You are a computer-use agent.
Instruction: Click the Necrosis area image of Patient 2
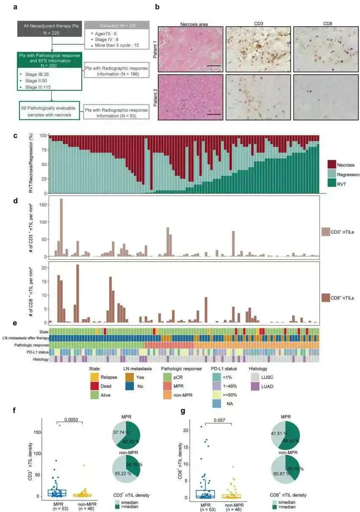coord(190,97)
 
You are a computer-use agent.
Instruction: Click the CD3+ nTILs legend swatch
coord(326,231)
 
